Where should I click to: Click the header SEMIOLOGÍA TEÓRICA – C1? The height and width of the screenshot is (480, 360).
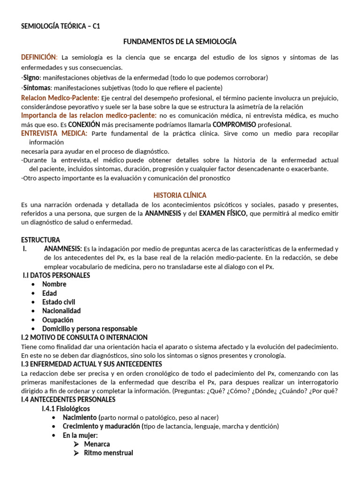(x=60, y=26)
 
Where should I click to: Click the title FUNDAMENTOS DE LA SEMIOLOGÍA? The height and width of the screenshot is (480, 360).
(x=180, y=42)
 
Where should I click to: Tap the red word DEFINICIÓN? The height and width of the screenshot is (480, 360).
(x=39, y=57)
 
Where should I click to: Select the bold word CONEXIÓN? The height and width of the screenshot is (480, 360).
(x=84, y=125)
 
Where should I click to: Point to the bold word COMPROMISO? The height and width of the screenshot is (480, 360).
(x=234, y=125)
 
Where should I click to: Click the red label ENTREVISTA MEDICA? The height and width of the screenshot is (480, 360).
(x=54, y=134)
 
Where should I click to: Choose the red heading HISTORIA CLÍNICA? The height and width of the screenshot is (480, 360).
(x=180, y=195)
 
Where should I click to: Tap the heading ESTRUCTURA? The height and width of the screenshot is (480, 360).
(x=41, y=240)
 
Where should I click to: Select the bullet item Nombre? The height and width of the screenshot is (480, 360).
(x=54, y=284)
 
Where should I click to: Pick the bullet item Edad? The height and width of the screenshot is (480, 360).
(x=50, y=293)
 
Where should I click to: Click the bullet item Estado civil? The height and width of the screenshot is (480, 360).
(x=59, y=302)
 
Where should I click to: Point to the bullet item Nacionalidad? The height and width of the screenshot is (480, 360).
(x=61, y=311)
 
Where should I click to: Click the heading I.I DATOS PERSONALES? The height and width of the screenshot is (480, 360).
(x=56, y=275)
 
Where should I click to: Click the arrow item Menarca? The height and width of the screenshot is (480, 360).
(x=97, y=444)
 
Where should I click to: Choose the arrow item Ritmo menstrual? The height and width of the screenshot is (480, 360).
(x=108, y=453)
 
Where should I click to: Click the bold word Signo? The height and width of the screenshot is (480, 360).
(x=32, y=77)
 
